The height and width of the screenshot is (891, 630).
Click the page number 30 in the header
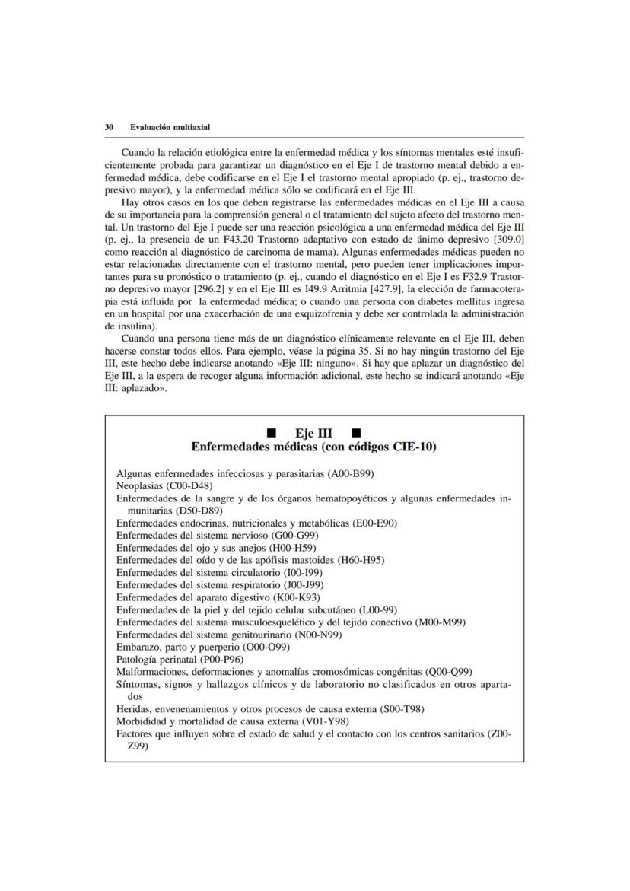109,127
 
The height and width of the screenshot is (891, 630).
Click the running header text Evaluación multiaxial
170,127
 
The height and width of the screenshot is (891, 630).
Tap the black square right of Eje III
357,434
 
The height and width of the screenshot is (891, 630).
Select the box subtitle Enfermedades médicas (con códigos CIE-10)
313,447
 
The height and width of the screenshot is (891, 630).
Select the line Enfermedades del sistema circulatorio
207,572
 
